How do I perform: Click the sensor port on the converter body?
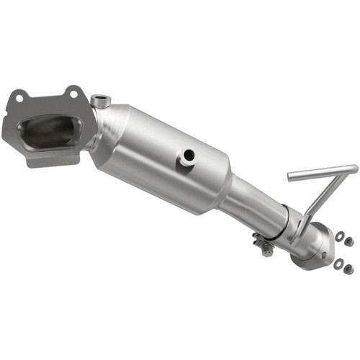tap(189, 154)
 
